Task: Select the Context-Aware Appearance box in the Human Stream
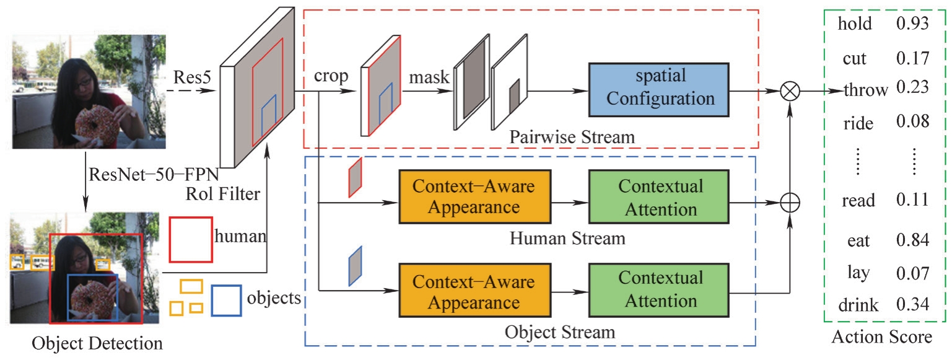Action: click(x=474, y=196)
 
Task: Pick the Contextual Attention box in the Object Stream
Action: click(x=660, y=289)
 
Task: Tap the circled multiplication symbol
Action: click(x=790, y=90)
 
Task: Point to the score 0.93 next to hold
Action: click(x=912, y=24)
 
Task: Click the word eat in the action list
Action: click(x=858, y=240)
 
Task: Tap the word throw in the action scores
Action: click(x=866, y=89)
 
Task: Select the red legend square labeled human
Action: click(x=191, y=239)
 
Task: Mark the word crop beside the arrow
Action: click(x=331, y=76)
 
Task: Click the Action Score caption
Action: click(x=882, y=338)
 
